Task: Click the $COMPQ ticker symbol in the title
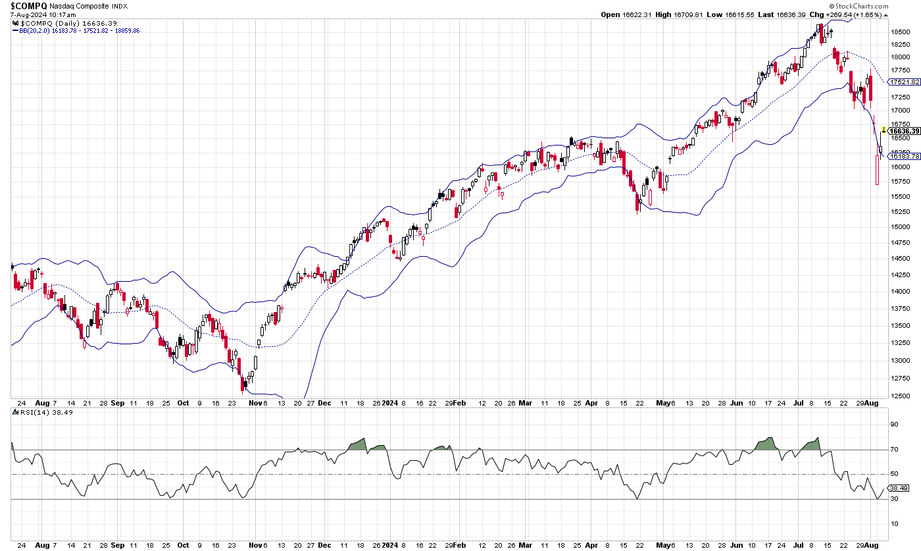click(x=28, y=5)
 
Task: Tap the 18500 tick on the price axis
click(x=901, y=32)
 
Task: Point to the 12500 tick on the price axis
click(x=901, y=395)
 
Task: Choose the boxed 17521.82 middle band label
click(x=904, y=82)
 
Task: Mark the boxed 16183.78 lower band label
click(x=904, y=156)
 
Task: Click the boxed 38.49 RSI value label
click(x=899, y=488)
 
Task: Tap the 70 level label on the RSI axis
click(x=894, y=450)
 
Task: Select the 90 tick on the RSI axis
click(x=894, y=425)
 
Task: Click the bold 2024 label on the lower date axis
click(x=390, y=402)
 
